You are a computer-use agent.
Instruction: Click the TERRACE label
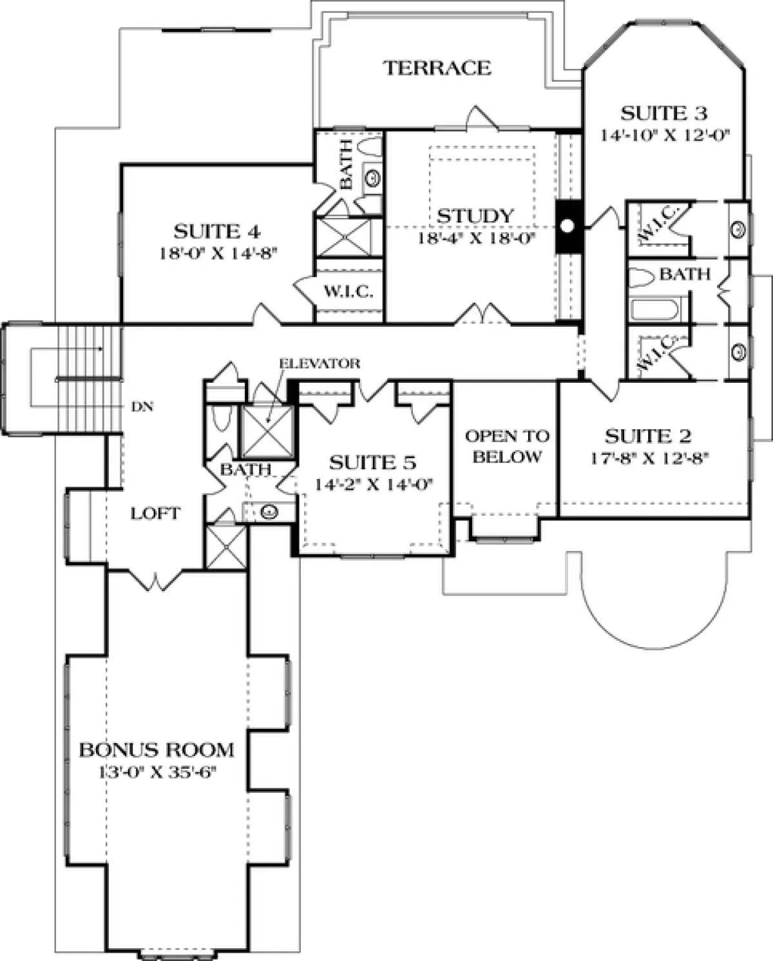pyautogui.click(x=437, y=68)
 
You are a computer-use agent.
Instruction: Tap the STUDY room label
pyautogui.click(x=475, y=216)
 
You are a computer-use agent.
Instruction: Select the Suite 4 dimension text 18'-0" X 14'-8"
pyautogui.click(x=218, y=254)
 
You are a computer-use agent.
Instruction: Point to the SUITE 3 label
pyautogui.click(x=663, y=113)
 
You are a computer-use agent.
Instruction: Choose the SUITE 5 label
pyautogui.click(x=373, y=463)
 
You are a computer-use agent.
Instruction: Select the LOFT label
pyautogui.click(x=155, y=514)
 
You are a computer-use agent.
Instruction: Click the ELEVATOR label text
pyautogui.click(x=320, y=364)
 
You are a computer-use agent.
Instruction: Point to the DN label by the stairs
pyautogui.click(x=142, y=407)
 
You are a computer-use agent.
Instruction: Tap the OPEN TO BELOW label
pyautogui.click(x=507, y=446)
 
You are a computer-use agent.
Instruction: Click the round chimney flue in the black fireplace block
pyautogui.click(x=567, y=226)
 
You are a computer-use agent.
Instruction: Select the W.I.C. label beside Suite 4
pyautogui.click(x=348, y=292)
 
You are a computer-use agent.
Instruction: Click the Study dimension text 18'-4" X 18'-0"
pyautogui.click(x=476, y=238)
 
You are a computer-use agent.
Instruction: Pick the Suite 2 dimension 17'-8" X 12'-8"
pyautogui.click(x=650, y=458)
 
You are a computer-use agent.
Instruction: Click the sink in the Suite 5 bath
pyautogui.click(x=269, y=512)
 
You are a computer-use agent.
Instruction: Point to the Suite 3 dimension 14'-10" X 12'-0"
pyautogui.click(x=664, y=135)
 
